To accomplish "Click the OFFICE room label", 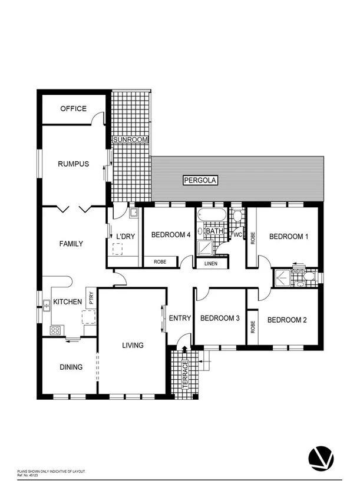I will tap(73, 108).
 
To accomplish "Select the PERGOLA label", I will tap(200, 181).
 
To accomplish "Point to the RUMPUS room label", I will tap(73, 164).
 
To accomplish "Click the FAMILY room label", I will tap(71, 244).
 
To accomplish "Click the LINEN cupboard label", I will tap(210, 263).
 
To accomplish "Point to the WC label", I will tap(238, 236).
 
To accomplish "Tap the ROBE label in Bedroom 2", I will tap(252, 327).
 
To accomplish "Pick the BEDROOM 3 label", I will tap(220, 319).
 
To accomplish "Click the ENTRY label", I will tap(180, 319).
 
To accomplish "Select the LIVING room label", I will tap(133, 346).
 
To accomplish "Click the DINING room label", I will tap(71, 367).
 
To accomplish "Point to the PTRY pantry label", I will tap(91, 298).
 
